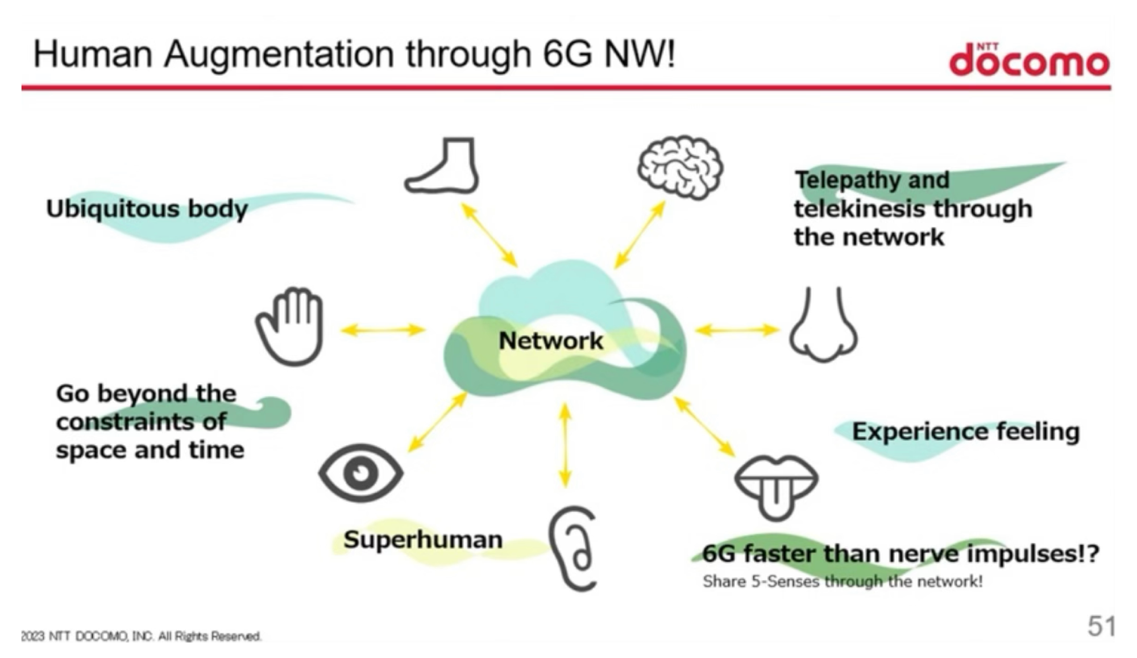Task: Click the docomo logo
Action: point(1030,60)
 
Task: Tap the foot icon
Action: point(442,165)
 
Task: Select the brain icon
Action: point(680,168)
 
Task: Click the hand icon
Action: point(290,327)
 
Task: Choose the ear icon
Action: point(573,549)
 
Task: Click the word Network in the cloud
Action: point(551,341)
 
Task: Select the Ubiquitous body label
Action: point(147,209)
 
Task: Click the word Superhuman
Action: point(423,539)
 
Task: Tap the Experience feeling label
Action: point(965,432)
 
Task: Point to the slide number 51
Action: point(1101,626)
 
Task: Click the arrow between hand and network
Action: point(383,330)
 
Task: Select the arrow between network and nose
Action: point(737,330)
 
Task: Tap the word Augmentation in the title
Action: point(279,55)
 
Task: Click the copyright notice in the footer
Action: point(141,636)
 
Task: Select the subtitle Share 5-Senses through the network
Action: point(843,581)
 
